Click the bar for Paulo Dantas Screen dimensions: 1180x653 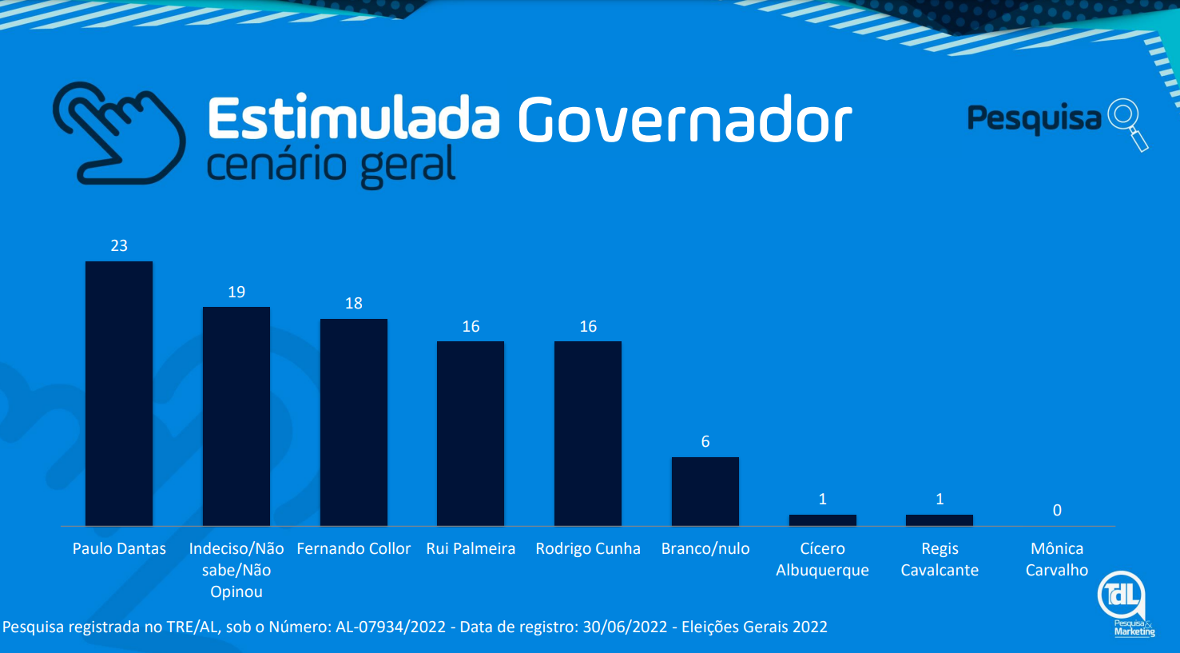pos(119,393)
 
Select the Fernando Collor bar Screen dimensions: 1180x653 pos(353,422)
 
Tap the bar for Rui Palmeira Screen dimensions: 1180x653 pos(471,433)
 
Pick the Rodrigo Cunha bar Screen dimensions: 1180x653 pos(588,433)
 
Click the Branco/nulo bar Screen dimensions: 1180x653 pos(705,492)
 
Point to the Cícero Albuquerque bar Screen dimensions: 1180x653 pos(822,520)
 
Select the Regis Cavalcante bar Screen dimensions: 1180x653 pos(940,520)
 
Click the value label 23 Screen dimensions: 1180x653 pos(119,245)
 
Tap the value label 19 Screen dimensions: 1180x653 pos(236,292)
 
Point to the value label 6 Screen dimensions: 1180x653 pos(705,442)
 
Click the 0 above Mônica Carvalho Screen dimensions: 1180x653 pos(1057,510)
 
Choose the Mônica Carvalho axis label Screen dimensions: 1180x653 pos(1057,559)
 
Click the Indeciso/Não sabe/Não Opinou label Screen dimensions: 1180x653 pos(236,570)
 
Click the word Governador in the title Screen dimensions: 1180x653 pos(685,118)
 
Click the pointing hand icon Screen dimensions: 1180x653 pos(119,133)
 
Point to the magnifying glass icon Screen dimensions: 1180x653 pos(1128,125)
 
